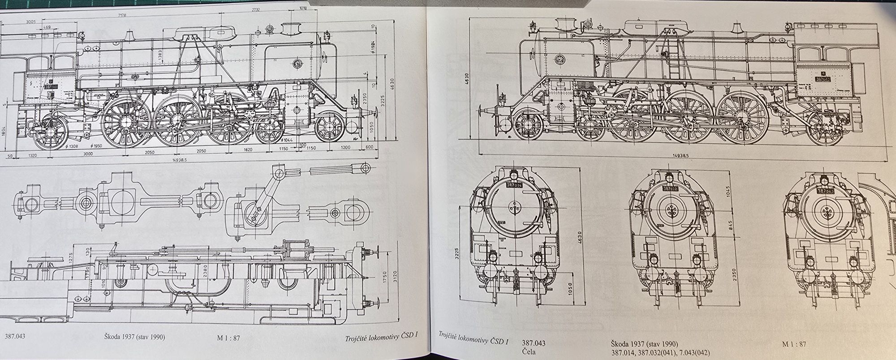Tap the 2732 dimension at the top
[256, 9]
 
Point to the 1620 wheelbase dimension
[249, 151]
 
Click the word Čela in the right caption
[528, 351]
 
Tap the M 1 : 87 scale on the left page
[229, 338]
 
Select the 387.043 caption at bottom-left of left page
[15, 337]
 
